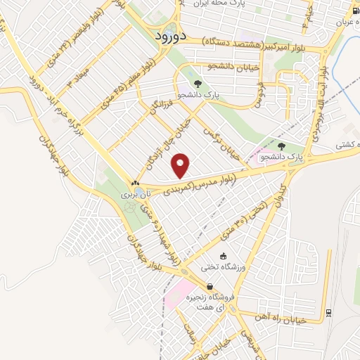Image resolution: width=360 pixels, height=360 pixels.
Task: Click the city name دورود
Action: (x=166, y=37)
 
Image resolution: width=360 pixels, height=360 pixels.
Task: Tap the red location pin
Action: (x=181, y=165)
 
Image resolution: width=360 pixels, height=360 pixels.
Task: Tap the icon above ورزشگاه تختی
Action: (x=224, y=256)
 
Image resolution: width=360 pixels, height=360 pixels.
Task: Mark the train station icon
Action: (x=328, y=313)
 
